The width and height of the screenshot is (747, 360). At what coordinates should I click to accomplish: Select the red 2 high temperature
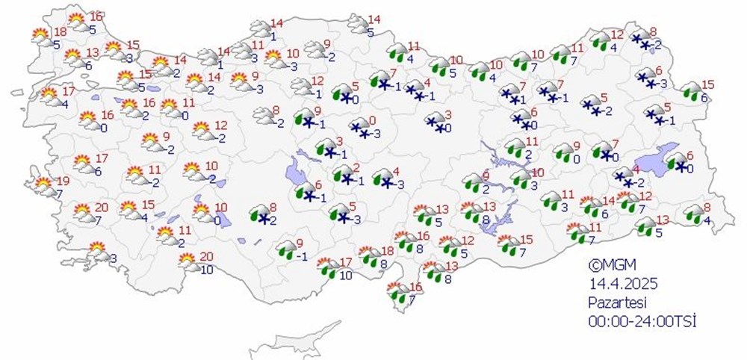point(357,168)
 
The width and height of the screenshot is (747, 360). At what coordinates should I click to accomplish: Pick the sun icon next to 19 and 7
point(44,184)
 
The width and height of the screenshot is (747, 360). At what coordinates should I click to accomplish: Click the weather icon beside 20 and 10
point(187,261)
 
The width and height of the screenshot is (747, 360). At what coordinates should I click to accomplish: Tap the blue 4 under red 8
point(707,220)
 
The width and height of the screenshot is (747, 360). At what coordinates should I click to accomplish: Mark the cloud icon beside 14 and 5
point(357,25)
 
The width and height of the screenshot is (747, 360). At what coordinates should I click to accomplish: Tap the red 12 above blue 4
point(617,35)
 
